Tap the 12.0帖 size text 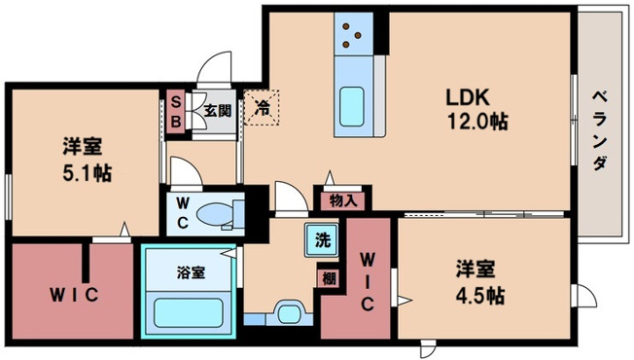point(476,123)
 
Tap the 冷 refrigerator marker point(261,107)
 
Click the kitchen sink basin point(351,108)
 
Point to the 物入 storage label point(341,201)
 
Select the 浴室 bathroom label point(191,272)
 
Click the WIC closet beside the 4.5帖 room point(366,282)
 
